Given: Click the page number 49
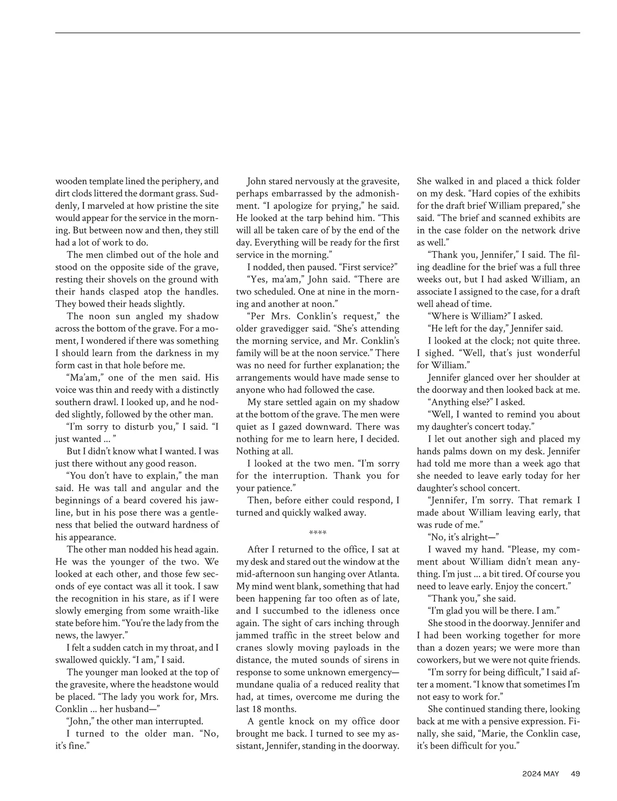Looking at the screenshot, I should point(575,773).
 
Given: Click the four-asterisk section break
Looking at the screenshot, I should point(318,532).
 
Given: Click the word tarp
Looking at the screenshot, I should point(332,218).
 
